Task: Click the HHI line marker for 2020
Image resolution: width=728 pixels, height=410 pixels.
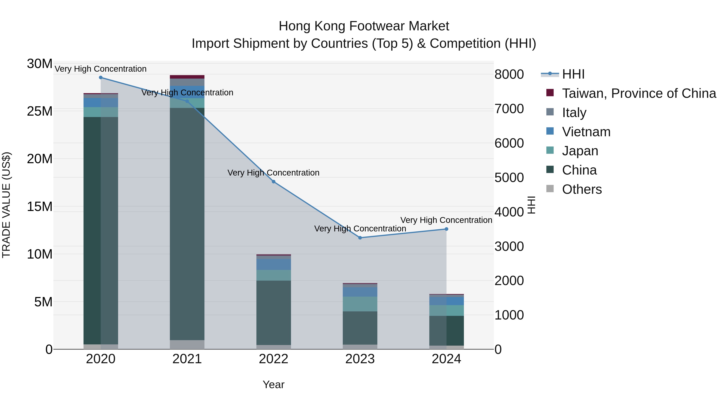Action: click(x=101, y=78)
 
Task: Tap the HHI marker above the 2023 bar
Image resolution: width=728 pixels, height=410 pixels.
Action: click(x=360, y=238)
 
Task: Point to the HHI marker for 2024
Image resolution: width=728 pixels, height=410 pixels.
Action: click(x=447, y=229)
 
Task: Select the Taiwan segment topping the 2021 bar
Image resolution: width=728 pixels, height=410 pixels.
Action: click(x=187, y=77)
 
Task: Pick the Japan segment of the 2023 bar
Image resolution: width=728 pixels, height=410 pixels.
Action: click(x=360, y=304)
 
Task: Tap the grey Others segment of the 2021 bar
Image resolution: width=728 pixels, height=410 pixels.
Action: click(x=187, y=345)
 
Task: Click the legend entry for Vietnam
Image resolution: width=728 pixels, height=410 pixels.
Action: click(x=586, y=132)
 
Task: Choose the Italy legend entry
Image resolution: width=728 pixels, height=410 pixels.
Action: click(x=574, y=113)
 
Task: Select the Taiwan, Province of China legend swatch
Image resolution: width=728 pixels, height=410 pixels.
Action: click(x=550, y=93)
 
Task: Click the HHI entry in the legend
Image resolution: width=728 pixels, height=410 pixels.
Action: click(x=573, y=74)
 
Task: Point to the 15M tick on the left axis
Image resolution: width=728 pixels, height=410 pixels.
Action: click(x=40, y=207)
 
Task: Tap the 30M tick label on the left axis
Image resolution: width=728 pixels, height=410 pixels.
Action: click(x=40, y=64)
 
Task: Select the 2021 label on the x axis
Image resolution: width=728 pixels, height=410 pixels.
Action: click(x=187, y=359)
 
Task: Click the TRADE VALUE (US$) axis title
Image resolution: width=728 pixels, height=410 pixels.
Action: click(x=6, y=205)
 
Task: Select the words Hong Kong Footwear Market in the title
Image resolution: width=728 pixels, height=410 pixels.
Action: click(x=364, y=26)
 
